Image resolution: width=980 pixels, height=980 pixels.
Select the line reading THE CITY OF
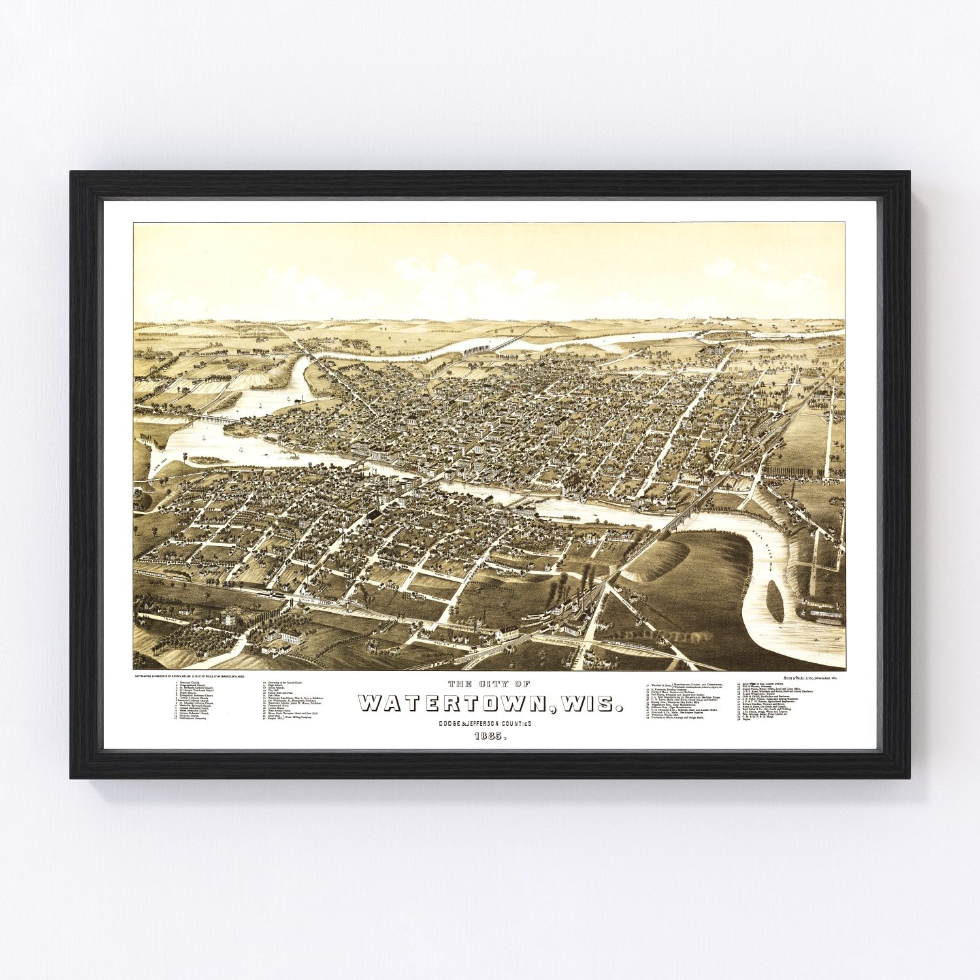[489, 684]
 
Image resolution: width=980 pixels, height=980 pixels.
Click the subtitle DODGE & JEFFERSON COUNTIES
[489, 723]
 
